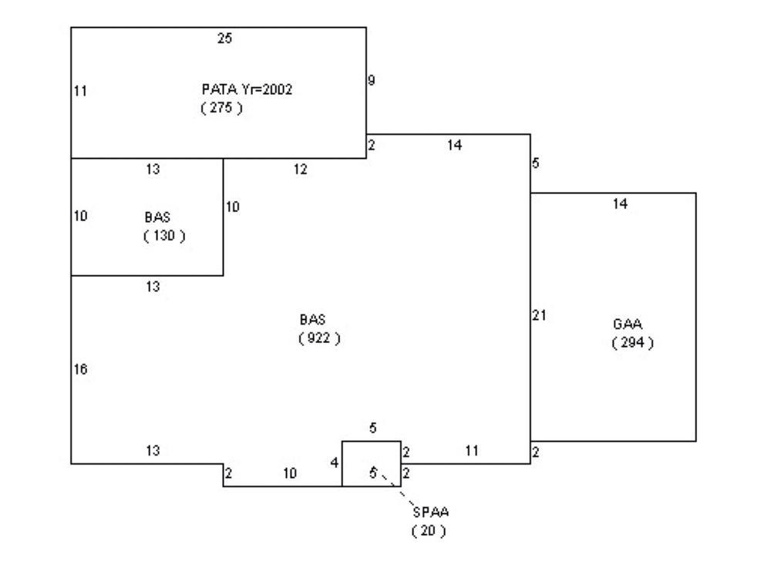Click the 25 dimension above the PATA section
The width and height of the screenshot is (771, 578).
coord(224,38)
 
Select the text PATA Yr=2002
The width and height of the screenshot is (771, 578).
coord(247,90)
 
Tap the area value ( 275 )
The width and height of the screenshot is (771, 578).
coord(221,109)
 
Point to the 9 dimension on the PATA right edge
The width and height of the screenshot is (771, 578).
coord(372,80)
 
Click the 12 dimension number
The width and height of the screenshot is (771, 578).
coord(301,170)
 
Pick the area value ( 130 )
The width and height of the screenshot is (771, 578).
coord(164,236)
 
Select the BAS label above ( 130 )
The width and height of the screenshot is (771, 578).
coord(157,217)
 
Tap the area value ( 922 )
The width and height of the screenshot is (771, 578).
coord(319,338)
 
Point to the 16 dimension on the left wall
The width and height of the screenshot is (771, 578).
coord(80,369)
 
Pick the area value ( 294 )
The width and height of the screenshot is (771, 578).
coord(633,344)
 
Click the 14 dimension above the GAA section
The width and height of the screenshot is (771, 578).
coord(621,204)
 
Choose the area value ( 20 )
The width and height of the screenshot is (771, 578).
coord(429,531)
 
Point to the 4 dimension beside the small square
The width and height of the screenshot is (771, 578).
coord(335,462)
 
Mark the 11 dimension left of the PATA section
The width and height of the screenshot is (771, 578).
coord(80,91)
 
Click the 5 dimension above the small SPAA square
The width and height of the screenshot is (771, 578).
coord(372,429)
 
